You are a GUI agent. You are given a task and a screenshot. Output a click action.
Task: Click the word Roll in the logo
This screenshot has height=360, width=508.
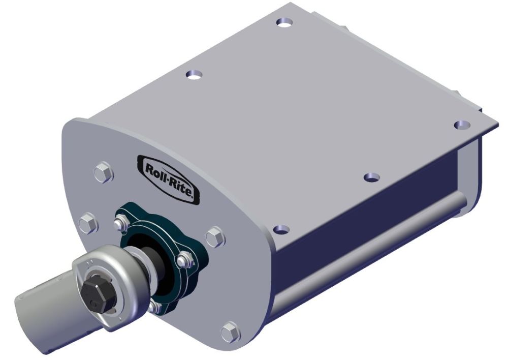(x=156, y=169)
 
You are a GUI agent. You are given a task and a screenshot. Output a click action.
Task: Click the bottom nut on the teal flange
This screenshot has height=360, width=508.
(x=154, y=307)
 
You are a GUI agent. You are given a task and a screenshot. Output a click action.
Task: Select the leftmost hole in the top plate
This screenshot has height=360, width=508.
(x=193, y=74)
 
